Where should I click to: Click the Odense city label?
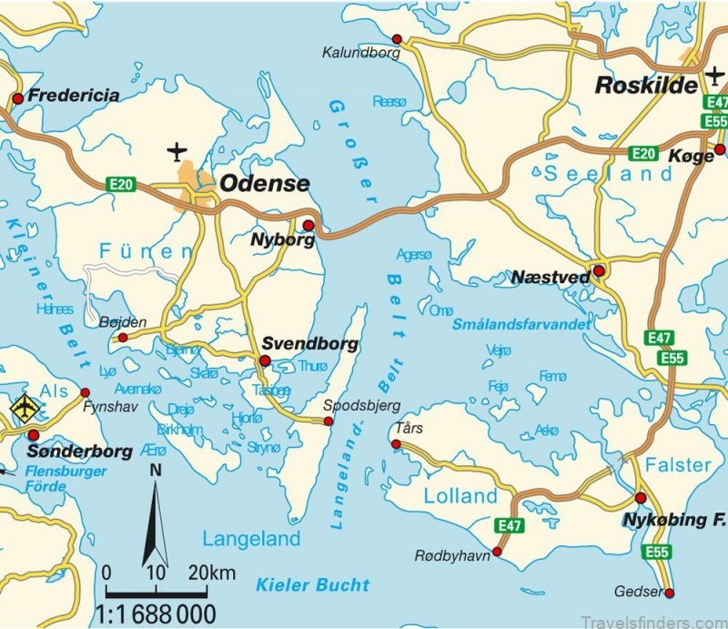[x=264, y=184]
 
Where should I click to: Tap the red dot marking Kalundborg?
[x=397, y=38]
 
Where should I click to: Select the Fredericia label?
[x=74, y=95]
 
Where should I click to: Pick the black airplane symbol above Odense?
[x=177, y=150]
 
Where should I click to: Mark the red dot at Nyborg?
[x=308, y=225]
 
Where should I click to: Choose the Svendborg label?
[x=308, y=344]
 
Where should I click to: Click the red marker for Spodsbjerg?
[x=329, y=421]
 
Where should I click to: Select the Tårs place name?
[x=409, y=428]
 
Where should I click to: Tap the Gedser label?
[x=642, y=591]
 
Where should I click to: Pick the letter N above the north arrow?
[x=156, y=471]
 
